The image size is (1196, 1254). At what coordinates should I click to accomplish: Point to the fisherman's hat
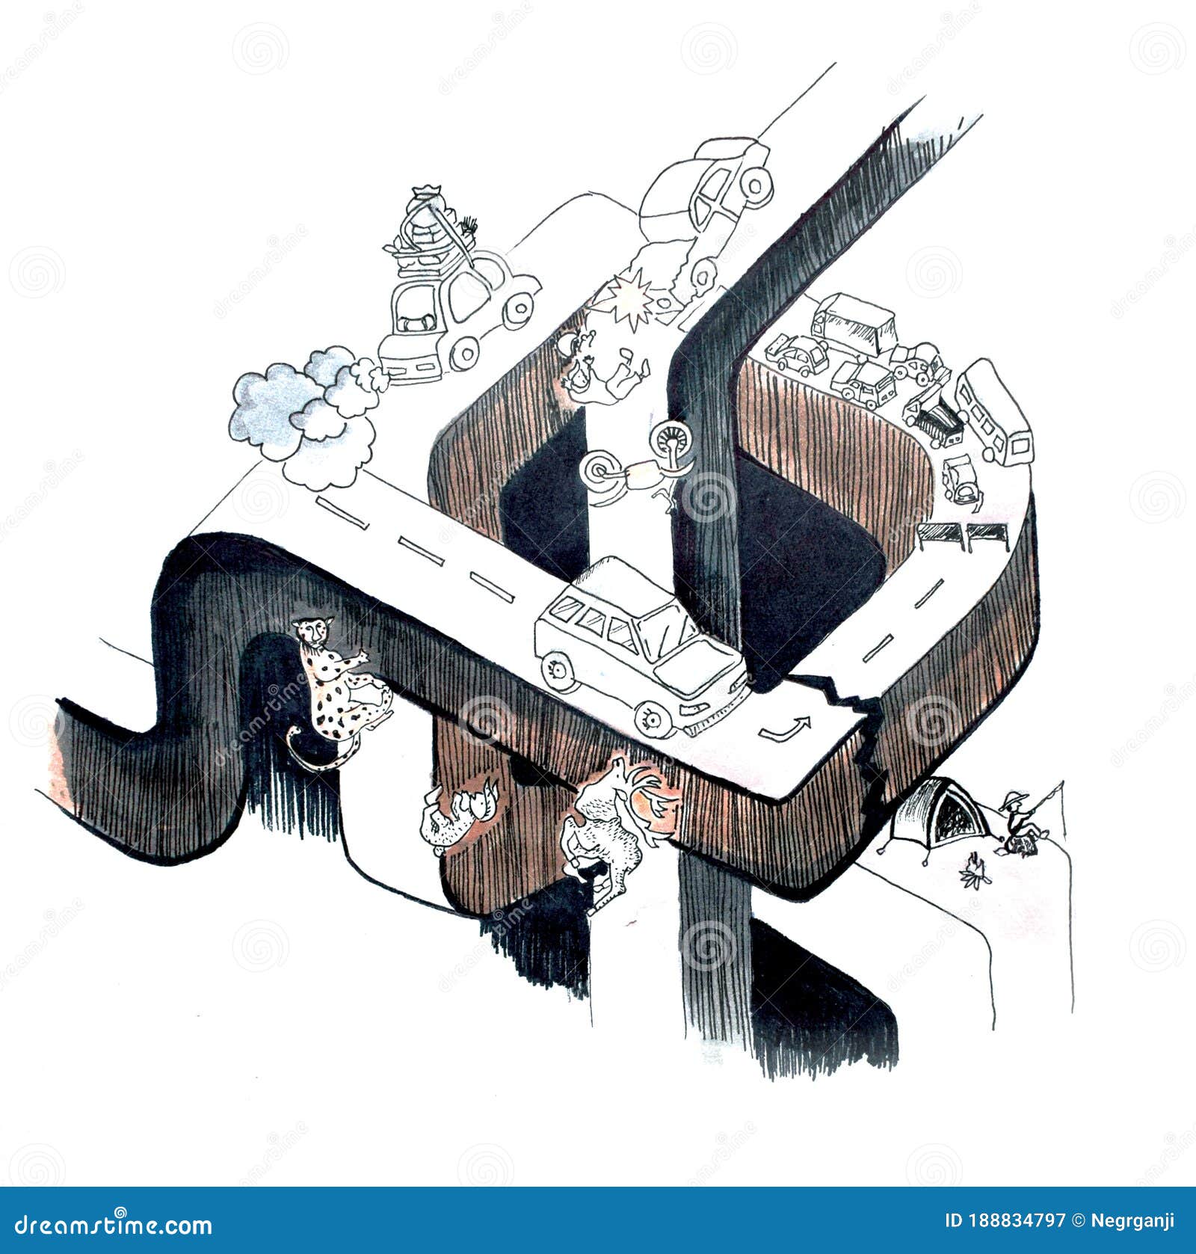click(1013, 800)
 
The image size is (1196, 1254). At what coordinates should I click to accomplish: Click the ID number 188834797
click(1005, 1221)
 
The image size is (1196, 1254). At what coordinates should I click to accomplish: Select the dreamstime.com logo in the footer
click(106, 1224)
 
